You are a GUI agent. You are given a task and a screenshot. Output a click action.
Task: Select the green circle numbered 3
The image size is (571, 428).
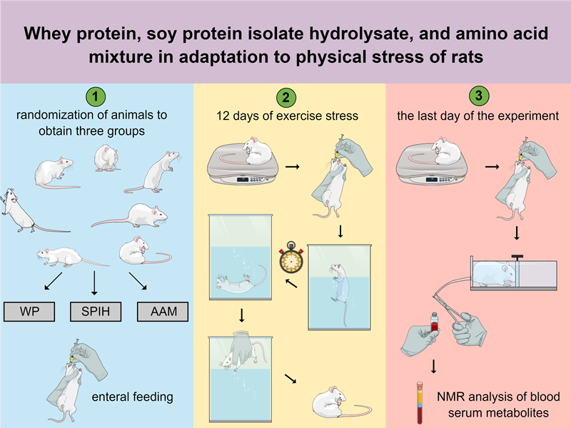(478, 96)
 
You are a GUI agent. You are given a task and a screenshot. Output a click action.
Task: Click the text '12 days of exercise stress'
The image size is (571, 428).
(290, 116)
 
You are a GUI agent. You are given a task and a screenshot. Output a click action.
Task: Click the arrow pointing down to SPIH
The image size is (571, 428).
(95, 284)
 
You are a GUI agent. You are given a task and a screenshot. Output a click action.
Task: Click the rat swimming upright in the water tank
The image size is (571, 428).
(335, 282)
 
